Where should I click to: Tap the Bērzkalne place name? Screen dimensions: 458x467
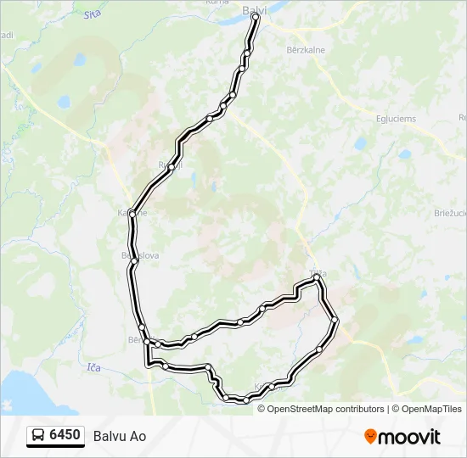pyautogui.click(x=307, y=50)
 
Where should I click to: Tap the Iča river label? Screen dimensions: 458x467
pyautogui.click(x=93, y=367)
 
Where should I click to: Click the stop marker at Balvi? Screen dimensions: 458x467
pyautogui.click(x=255, y=17)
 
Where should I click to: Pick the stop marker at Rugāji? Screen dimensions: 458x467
pyautogui.click(x=171, y=167)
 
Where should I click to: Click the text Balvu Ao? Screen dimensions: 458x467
pyautogui.click(x=126, y=436)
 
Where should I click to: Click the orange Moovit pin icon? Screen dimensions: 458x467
pyautogui.click(x=370, y=437)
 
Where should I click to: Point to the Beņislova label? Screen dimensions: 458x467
pyautogui.click(x=140, y=254)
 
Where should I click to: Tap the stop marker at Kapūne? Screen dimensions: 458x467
pyautogui.click(x=132, y=214)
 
